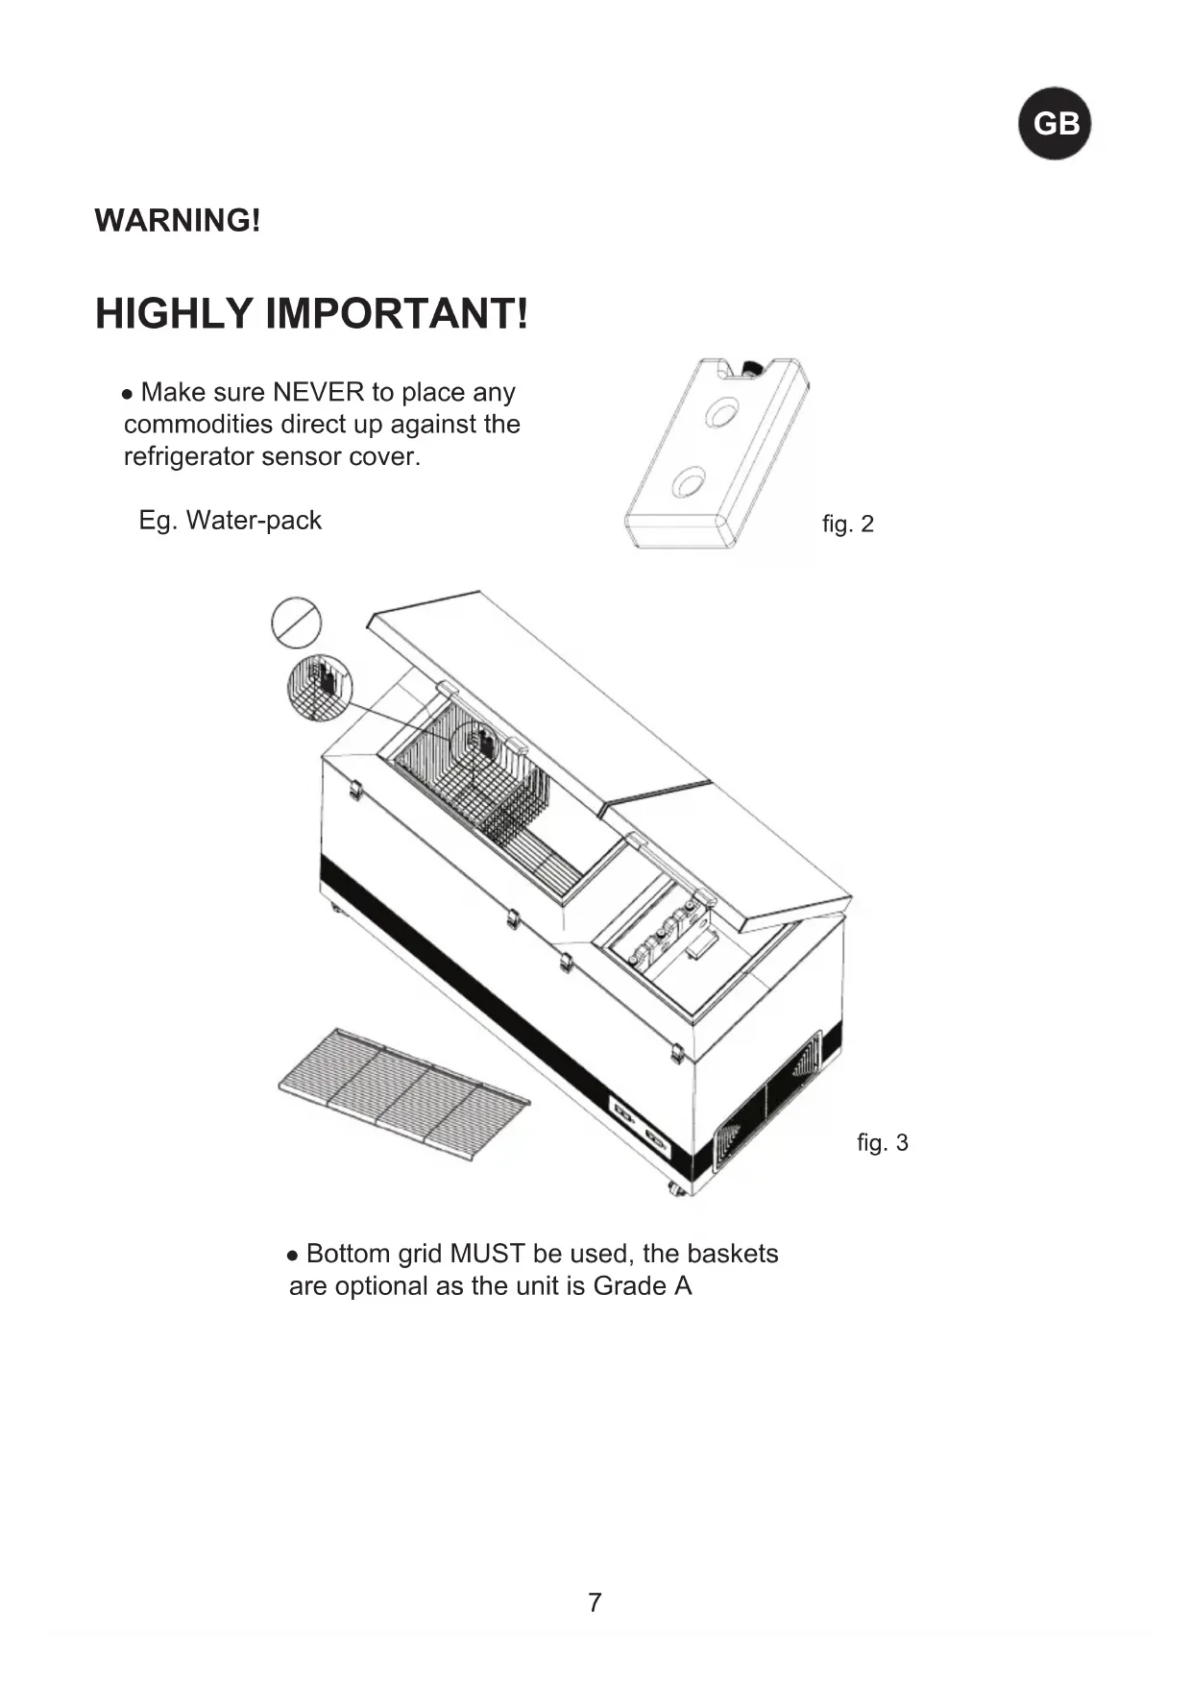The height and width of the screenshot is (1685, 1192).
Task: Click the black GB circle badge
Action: (1055, 124)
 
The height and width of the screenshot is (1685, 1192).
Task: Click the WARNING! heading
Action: (178, 221)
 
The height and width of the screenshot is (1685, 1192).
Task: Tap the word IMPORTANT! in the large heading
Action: (396, 314)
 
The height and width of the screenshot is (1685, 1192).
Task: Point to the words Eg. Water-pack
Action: (231, 521)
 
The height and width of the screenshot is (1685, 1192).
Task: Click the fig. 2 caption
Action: (848, 525)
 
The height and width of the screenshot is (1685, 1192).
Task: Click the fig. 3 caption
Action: (882, 1143)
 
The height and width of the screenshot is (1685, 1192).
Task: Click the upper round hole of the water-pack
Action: (721, 412)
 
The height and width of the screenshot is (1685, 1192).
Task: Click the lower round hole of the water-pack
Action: (689, 481)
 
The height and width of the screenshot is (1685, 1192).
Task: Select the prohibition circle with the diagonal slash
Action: (296, 622)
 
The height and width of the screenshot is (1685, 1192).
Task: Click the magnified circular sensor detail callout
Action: (320, 688)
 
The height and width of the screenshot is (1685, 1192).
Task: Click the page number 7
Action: (595, 1602)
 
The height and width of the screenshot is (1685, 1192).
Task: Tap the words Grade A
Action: (643, 1286)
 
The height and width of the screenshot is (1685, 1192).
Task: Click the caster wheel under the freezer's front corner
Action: (677, 1189)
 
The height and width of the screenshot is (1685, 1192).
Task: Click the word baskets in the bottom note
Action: (733, 1255)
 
